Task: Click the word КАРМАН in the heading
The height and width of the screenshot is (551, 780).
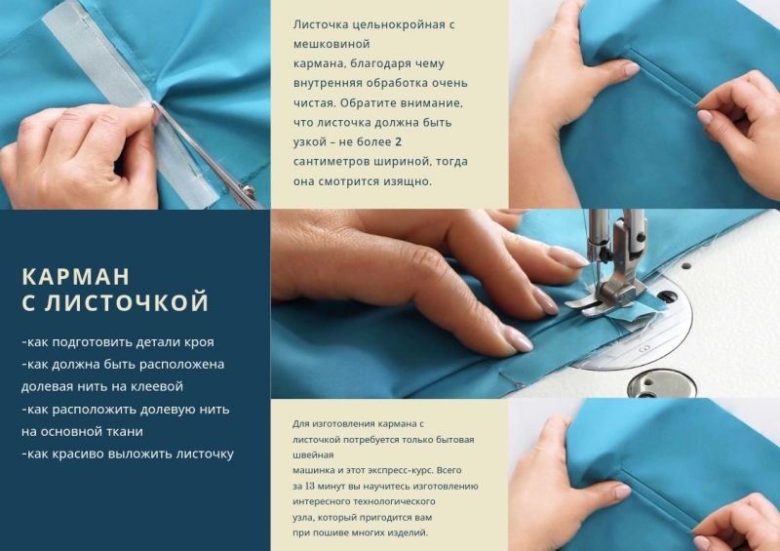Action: [x=76, y=277]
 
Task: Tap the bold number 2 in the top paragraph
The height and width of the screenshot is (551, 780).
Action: [x=398, y=141]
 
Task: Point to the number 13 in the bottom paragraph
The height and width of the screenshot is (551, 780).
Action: [x=309, y=486]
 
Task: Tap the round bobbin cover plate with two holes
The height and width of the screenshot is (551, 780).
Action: [x=661, y=383]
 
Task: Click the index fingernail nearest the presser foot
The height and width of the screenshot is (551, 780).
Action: [x=568, y=257]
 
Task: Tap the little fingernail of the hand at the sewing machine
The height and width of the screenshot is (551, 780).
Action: [x=517, y=342]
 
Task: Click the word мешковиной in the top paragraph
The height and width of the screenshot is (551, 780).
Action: [x=331, y=44]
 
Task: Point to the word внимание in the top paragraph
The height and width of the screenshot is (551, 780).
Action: [x=434, y=103]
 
